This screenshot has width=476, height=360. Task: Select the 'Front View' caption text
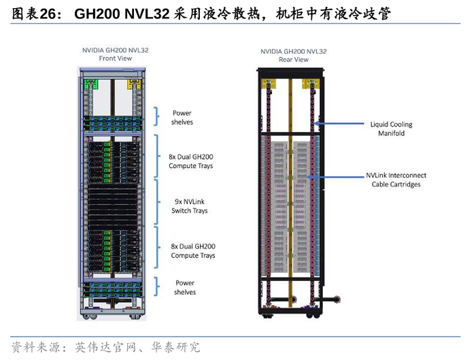tap(115, 59)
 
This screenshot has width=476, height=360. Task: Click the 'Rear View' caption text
tap(294, 60)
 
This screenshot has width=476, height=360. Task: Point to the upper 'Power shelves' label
tap(182, 117)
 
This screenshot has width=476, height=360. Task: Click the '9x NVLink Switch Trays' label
tap(190, 206)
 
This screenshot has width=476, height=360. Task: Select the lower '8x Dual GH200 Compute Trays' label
tap(192, 250)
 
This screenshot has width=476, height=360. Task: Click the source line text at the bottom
tap(106, 346)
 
